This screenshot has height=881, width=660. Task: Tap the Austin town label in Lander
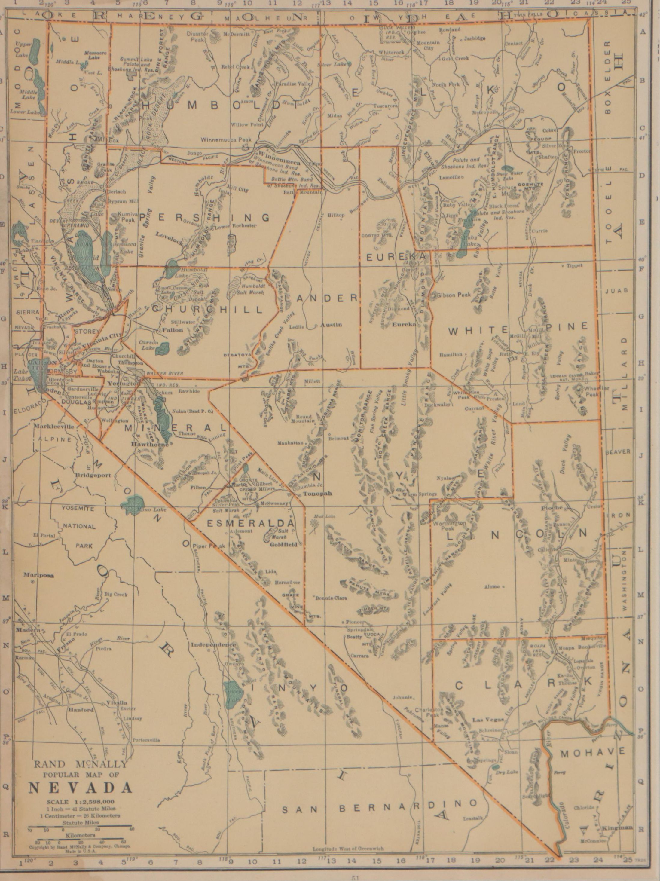click(x=331, y=325)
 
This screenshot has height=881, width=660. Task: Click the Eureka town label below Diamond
click(x=404, y=325)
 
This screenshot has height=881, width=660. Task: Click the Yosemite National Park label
click(x=79, y=527)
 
